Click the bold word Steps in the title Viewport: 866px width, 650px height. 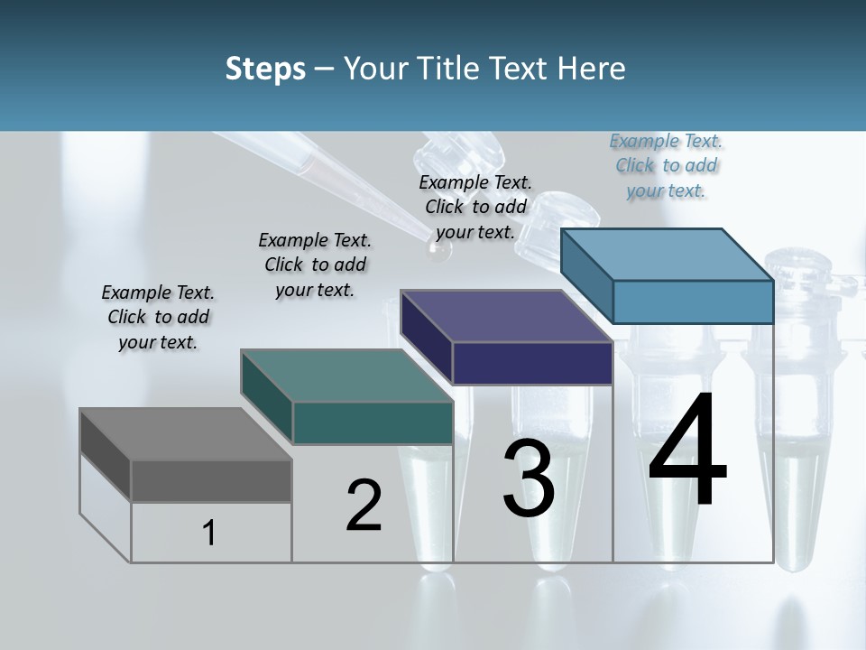pos(265,69)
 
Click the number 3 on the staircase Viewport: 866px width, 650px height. pos(529,479)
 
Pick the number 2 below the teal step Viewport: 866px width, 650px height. pos(364,506)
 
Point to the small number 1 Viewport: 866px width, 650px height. pos(209,533)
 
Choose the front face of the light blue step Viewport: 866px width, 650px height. pos(693,302)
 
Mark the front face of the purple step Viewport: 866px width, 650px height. pos(532,363)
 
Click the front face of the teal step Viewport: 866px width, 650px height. pos(372,422)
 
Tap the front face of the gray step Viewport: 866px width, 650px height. pos(211,480)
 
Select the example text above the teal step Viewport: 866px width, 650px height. pos(315,265)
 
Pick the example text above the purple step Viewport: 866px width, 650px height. pos(475,207)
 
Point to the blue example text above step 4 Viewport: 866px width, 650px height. pos(666,165)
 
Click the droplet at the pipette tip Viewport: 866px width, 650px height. pos(439,254)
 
